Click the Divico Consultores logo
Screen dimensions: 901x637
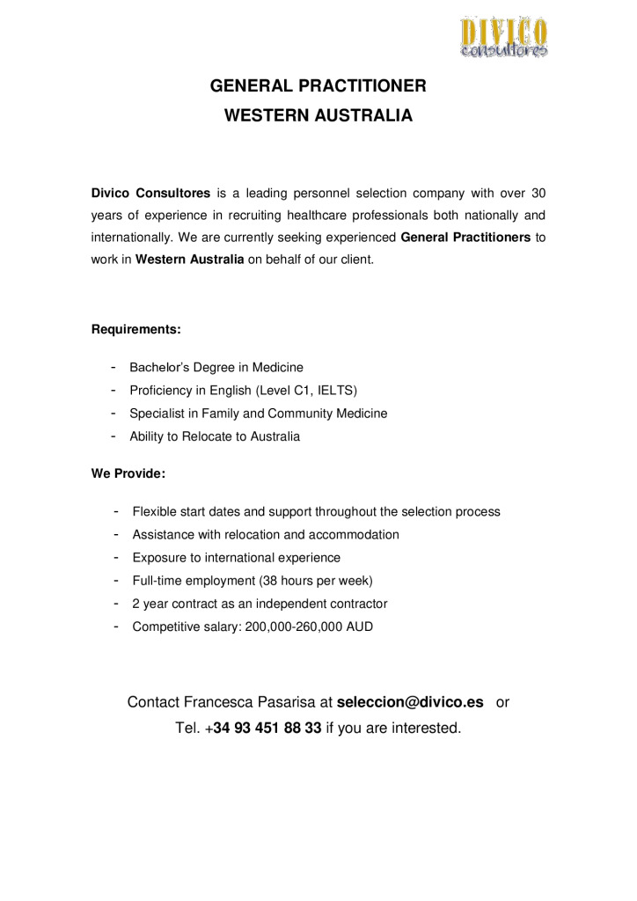[503, 37]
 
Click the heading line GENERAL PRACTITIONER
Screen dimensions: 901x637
[318, 86]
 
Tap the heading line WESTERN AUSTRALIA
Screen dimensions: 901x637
[318, 115]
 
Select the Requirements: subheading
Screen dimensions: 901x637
[136, 330]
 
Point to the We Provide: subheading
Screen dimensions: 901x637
[128, 473]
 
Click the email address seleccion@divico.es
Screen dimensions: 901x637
[410, 703]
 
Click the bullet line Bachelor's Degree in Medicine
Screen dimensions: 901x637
[216, 367]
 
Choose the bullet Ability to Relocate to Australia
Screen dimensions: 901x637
[215, 436]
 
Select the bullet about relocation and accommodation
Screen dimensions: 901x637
[266, 534]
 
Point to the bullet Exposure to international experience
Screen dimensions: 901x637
[236, 558]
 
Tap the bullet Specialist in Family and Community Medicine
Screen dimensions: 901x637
[258, 413]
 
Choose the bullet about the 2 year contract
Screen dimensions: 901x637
[260, 604]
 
